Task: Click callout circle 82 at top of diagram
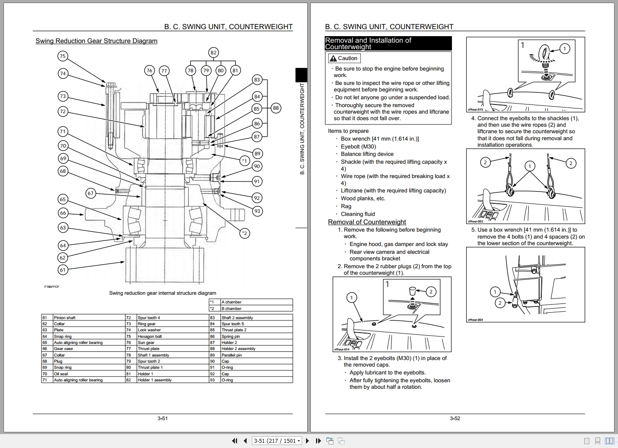(213, 53)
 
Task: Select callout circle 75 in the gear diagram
(63, 56)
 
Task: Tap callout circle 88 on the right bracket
(275, 108)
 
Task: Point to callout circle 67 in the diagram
(90, 193)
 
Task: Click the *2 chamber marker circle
(244, 233)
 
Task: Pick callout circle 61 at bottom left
(63, 270)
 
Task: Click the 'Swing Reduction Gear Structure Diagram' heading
(96, 41)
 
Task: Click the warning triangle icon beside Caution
(333, 58)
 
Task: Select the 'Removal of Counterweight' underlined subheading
(367, 222)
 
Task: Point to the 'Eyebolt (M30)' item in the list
(358, 147)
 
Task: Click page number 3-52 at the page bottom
(455, 418)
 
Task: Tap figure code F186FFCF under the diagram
(52, 287)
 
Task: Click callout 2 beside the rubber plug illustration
(431, 292)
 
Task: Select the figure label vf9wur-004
(475, 320)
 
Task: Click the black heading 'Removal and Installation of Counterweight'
(388, 44)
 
